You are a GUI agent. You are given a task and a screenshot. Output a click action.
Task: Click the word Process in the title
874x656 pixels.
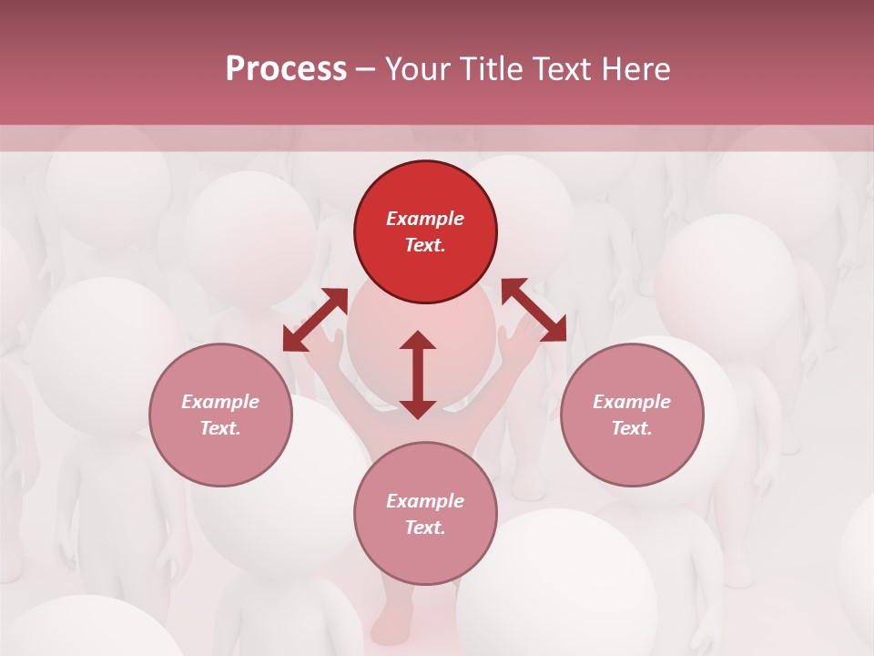click(286, 69)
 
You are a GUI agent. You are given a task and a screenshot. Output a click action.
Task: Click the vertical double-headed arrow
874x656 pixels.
click(418, 374)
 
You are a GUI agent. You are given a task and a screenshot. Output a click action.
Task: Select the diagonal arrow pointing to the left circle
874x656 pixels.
click(315, 320)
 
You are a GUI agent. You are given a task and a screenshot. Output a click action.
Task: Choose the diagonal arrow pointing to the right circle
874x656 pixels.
click(534, 310)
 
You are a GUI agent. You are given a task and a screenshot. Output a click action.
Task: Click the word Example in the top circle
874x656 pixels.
click(425, 219)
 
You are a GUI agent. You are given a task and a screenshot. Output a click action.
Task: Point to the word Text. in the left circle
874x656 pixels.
click(220, 428)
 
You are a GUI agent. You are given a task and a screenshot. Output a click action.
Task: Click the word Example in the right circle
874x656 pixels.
click(632, 402)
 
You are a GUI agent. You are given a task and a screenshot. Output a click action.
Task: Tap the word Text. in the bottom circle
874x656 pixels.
click(425, 528)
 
